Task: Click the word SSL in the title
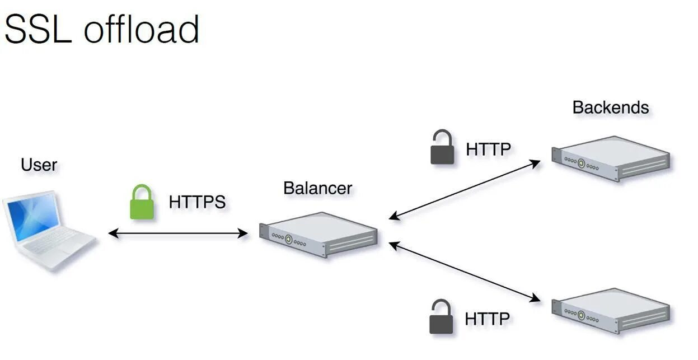[x=38, y=29]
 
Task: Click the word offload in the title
[x=142, y=29]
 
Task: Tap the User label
[x=39, y=165]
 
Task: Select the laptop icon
[x=47, y=230]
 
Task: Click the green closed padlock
[x=142, y=202]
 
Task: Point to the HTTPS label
[x=197, y=202]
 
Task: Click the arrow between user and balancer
[x=178, y=233]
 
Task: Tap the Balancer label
[x=317, y=188]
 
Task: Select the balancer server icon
[x=318, y=234]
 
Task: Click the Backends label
[x=610, y=107]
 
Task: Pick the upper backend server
[x=611, y=158]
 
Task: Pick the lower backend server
[x=611, y=310]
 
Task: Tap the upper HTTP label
[x=488, y=149]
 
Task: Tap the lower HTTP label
[x=487, y=319]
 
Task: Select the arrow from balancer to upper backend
[x=465, y=189]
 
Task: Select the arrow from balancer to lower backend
[x=465, y=272]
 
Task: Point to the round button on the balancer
[x=289, y=240]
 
